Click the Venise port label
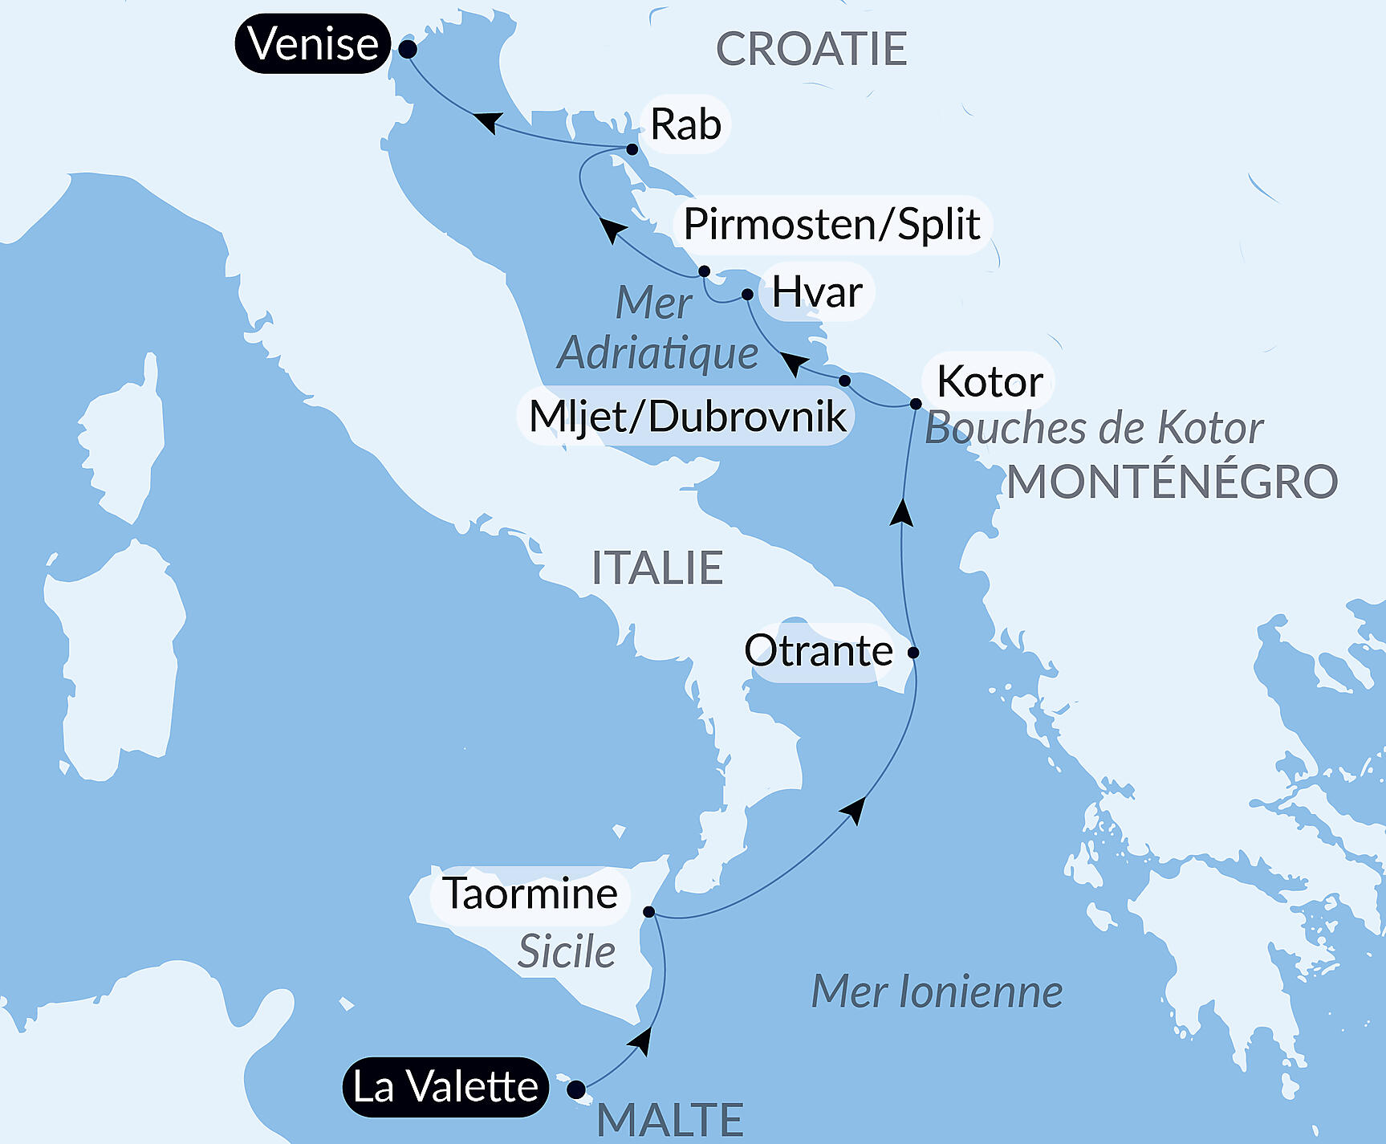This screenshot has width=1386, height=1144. coord(313,44)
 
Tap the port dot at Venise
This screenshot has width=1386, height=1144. coord(408,49)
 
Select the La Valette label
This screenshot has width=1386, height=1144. coord(445,1087)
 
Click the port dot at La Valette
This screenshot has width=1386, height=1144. coord(576,1089)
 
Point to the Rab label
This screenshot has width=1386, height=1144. coord(685,124)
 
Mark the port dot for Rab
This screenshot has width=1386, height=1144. coord(632,149)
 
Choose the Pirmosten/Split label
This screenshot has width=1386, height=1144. coord(831,224)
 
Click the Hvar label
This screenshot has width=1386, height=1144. coord(817,291)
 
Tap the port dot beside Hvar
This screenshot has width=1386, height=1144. coord(747,295)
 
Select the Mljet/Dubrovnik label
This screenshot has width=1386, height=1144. coord(687,416)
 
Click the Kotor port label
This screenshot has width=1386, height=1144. coord(990,381)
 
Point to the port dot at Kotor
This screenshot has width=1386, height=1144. coord(916,404)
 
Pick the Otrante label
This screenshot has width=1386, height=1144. coord(818,650)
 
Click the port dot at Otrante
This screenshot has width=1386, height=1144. coord(913,653)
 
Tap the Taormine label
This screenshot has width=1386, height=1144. coord(530,894)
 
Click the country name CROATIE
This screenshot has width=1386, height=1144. coord(811,49)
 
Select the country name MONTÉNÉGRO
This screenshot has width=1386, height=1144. coord(1172,482)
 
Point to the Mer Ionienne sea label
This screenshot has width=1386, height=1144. coord(937,991)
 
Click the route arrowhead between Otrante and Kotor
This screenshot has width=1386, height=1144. coord(903,512)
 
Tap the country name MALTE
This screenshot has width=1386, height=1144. coord(670,1119)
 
